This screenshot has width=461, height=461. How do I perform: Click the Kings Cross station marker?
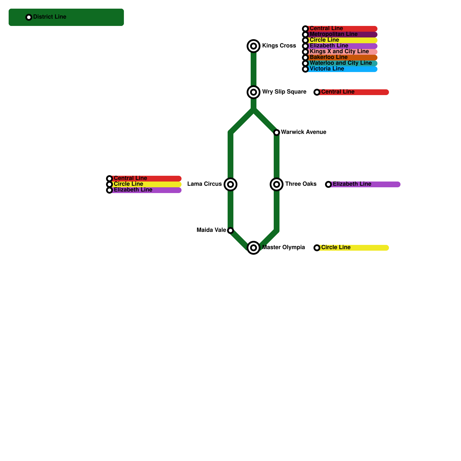click(254, 46)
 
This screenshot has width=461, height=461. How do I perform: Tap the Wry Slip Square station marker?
click(254, 92)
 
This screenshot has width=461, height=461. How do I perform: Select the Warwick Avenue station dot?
click(277, 133)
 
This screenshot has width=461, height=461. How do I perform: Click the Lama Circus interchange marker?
click(231, 184)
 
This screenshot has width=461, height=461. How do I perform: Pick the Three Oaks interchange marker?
click(277, 184)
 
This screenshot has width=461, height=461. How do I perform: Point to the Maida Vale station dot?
click(231, 231)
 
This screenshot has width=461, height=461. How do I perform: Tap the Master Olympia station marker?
click(254, 248)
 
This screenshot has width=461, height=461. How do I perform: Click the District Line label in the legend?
click(50, 17)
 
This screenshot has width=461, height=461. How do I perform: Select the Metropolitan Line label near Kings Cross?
click(333, 34)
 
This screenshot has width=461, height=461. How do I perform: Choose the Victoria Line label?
click(327, 69)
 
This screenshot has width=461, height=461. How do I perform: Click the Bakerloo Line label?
click(328, 57)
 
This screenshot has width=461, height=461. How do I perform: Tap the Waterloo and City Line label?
click(341, 63)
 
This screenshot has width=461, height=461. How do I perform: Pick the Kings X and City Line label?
click(339, 52)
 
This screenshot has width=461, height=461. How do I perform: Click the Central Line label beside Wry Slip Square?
click(338, 92)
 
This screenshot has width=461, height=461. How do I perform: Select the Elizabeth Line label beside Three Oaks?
click(352, 184)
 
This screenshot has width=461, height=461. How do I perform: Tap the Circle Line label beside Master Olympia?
click(336, 247)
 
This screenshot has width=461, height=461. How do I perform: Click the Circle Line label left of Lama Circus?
click(128, 184)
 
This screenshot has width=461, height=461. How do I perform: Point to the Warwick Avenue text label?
click(303, 132)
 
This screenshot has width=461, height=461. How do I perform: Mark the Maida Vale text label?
click(211, 230)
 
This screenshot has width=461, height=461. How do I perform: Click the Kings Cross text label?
click(279, 46)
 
